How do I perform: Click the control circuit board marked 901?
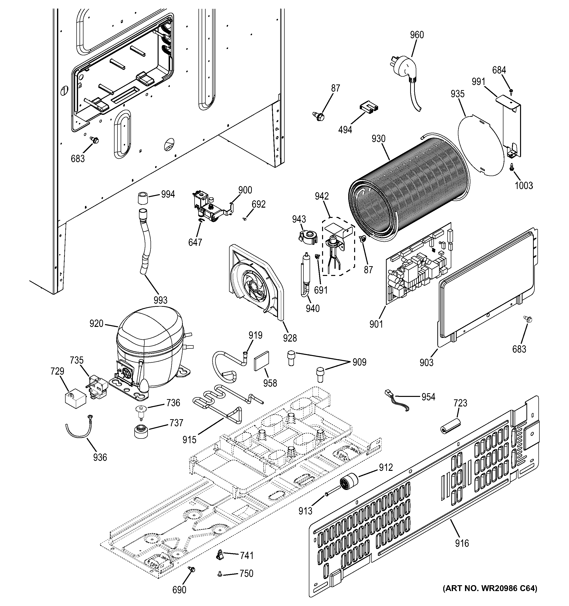417,265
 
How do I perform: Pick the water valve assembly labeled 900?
210,207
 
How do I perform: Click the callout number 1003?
524,185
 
